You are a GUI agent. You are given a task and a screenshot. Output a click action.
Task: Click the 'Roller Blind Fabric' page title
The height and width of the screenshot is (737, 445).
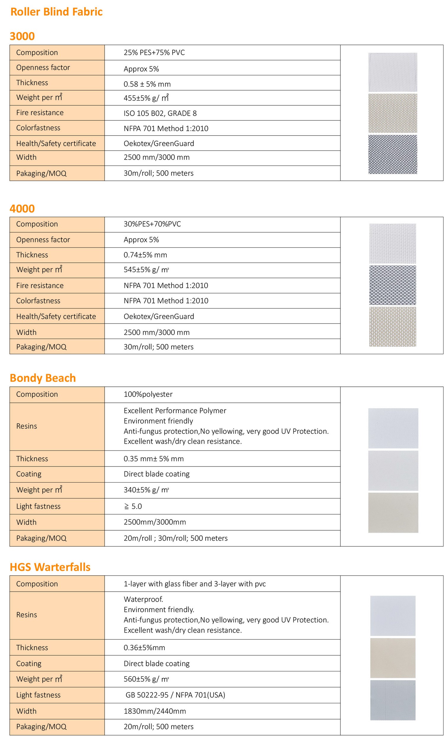[x=56, y=12]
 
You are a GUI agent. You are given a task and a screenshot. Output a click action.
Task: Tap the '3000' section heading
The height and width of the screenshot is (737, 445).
[x=22, y=36]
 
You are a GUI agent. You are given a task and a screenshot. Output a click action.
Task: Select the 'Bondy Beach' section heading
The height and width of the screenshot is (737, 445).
[x=42, y=378]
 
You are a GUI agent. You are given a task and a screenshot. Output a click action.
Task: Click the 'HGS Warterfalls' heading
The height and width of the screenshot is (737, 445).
[x=50, y=567]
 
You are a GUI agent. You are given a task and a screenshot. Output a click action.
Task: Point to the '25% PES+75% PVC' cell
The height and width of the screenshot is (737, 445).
[x=154, y=53]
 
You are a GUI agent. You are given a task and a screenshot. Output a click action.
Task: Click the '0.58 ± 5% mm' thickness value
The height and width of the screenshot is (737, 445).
[x=147, y=84]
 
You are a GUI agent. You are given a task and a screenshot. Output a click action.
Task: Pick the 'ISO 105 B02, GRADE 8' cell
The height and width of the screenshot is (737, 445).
[x=160, y=113]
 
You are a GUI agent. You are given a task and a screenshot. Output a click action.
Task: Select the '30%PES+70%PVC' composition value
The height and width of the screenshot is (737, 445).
[x=152, y=224]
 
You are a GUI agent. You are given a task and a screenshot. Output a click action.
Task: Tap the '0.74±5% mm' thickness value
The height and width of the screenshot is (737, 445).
[x=145, y=255]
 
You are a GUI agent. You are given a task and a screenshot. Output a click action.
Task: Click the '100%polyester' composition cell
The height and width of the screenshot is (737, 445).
[x=148, y=394]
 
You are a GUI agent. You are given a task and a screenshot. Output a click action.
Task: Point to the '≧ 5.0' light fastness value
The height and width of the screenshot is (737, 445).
[x=133, y=506]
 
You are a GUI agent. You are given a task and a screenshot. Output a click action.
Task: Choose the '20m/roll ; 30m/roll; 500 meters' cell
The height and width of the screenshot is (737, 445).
[x=175, y=538]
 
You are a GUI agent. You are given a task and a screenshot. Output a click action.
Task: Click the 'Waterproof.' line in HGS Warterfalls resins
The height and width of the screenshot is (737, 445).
[x=143, y=599]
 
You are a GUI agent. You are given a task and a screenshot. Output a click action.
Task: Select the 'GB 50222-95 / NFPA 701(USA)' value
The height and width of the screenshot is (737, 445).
[x=175, y=695]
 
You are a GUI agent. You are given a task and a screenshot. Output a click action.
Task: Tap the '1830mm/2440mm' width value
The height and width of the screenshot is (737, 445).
[x=155, y=711]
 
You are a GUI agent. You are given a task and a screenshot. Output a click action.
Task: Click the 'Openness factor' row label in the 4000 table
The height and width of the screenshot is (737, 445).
[x=43, y=240]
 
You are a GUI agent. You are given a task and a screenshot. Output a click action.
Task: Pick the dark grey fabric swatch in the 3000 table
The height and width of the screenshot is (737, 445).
[x=392, y=154]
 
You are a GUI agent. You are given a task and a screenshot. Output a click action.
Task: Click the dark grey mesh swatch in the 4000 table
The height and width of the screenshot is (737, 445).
[x=392, y=285]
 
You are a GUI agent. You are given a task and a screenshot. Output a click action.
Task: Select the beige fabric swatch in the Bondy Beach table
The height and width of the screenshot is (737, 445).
[x=393, y=512]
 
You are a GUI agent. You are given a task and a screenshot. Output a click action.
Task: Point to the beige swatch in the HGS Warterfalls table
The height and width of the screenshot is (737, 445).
[x=392, y=658]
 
